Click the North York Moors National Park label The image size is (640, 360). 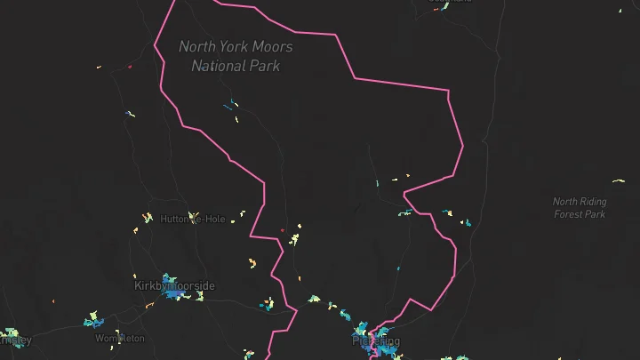pos(236,56)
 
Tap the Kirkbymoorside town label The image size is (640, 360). pos(174,285)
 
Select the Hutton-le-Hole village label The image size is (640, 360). pos(193,219)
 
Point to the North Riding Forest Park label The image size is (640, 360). pos(579,208)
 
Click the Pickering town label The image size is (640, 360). pos(376,341)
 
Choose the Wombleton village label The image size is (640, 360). pos(119,339)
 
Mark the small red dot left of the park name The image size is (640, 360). pos(130,66)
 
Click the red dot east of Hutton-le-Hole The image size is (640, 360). pos(283,230)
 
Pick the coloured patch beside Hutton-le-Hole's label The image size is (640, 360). pos(148,217)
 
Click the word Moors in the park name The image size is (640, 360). pos(273,46)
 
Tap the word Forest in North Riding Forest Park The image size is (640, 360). pos(568,214)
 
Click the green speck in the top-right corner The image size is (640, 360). pos(620,11)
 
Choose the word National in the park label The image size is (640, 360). pos(219,66)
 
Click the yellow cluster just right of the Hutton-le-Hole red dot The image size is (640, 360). pos(295,236)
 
